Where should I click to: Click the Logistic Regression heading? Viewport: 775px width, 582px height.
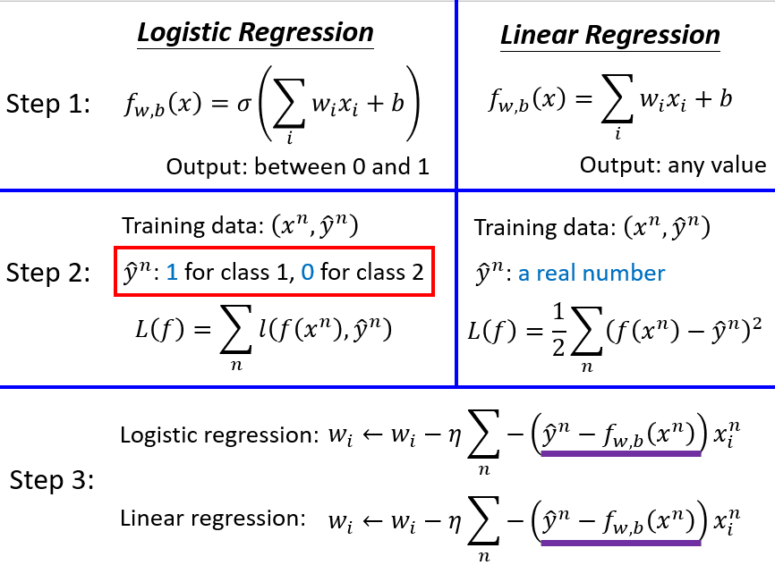click(255, 33)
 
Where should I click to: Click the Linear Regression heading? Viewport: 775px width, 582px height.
click(609, 36)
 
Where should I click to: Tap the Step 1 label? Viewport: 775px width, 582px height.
click(48, 104)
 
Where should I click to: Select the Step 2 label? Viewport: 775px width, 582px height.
click(48, 272)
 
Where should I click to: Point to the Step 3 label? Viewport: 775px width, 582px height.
click(52, 480)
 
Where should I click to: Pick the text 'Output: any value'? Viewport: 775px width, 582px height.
click(672, 165)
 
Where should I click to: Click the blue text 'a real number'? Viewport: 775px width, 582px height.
click(592, 273)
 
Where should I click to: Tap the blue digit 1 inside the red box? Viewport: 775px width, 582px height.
click(173, 271)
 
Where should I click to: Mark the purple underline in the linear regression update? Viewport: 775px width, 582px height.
click(621, 542)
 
